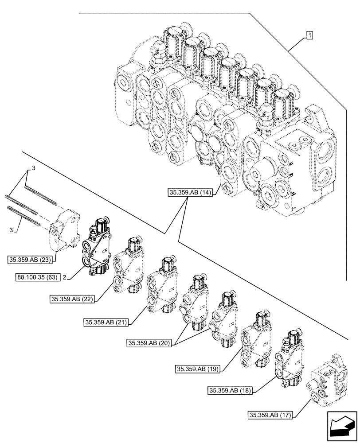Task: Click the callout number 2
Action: [x=65, y=277]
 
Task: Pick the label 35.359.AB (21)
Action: [x=106, y=323]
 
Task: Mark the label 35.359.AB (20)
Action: [x=149, y=343]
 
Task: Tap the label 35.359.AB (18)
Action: [x=230, y=390]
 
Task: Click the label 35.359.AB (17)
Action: [x=270, y=415]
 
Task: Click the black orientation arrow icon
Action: [x=341, y=426]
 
